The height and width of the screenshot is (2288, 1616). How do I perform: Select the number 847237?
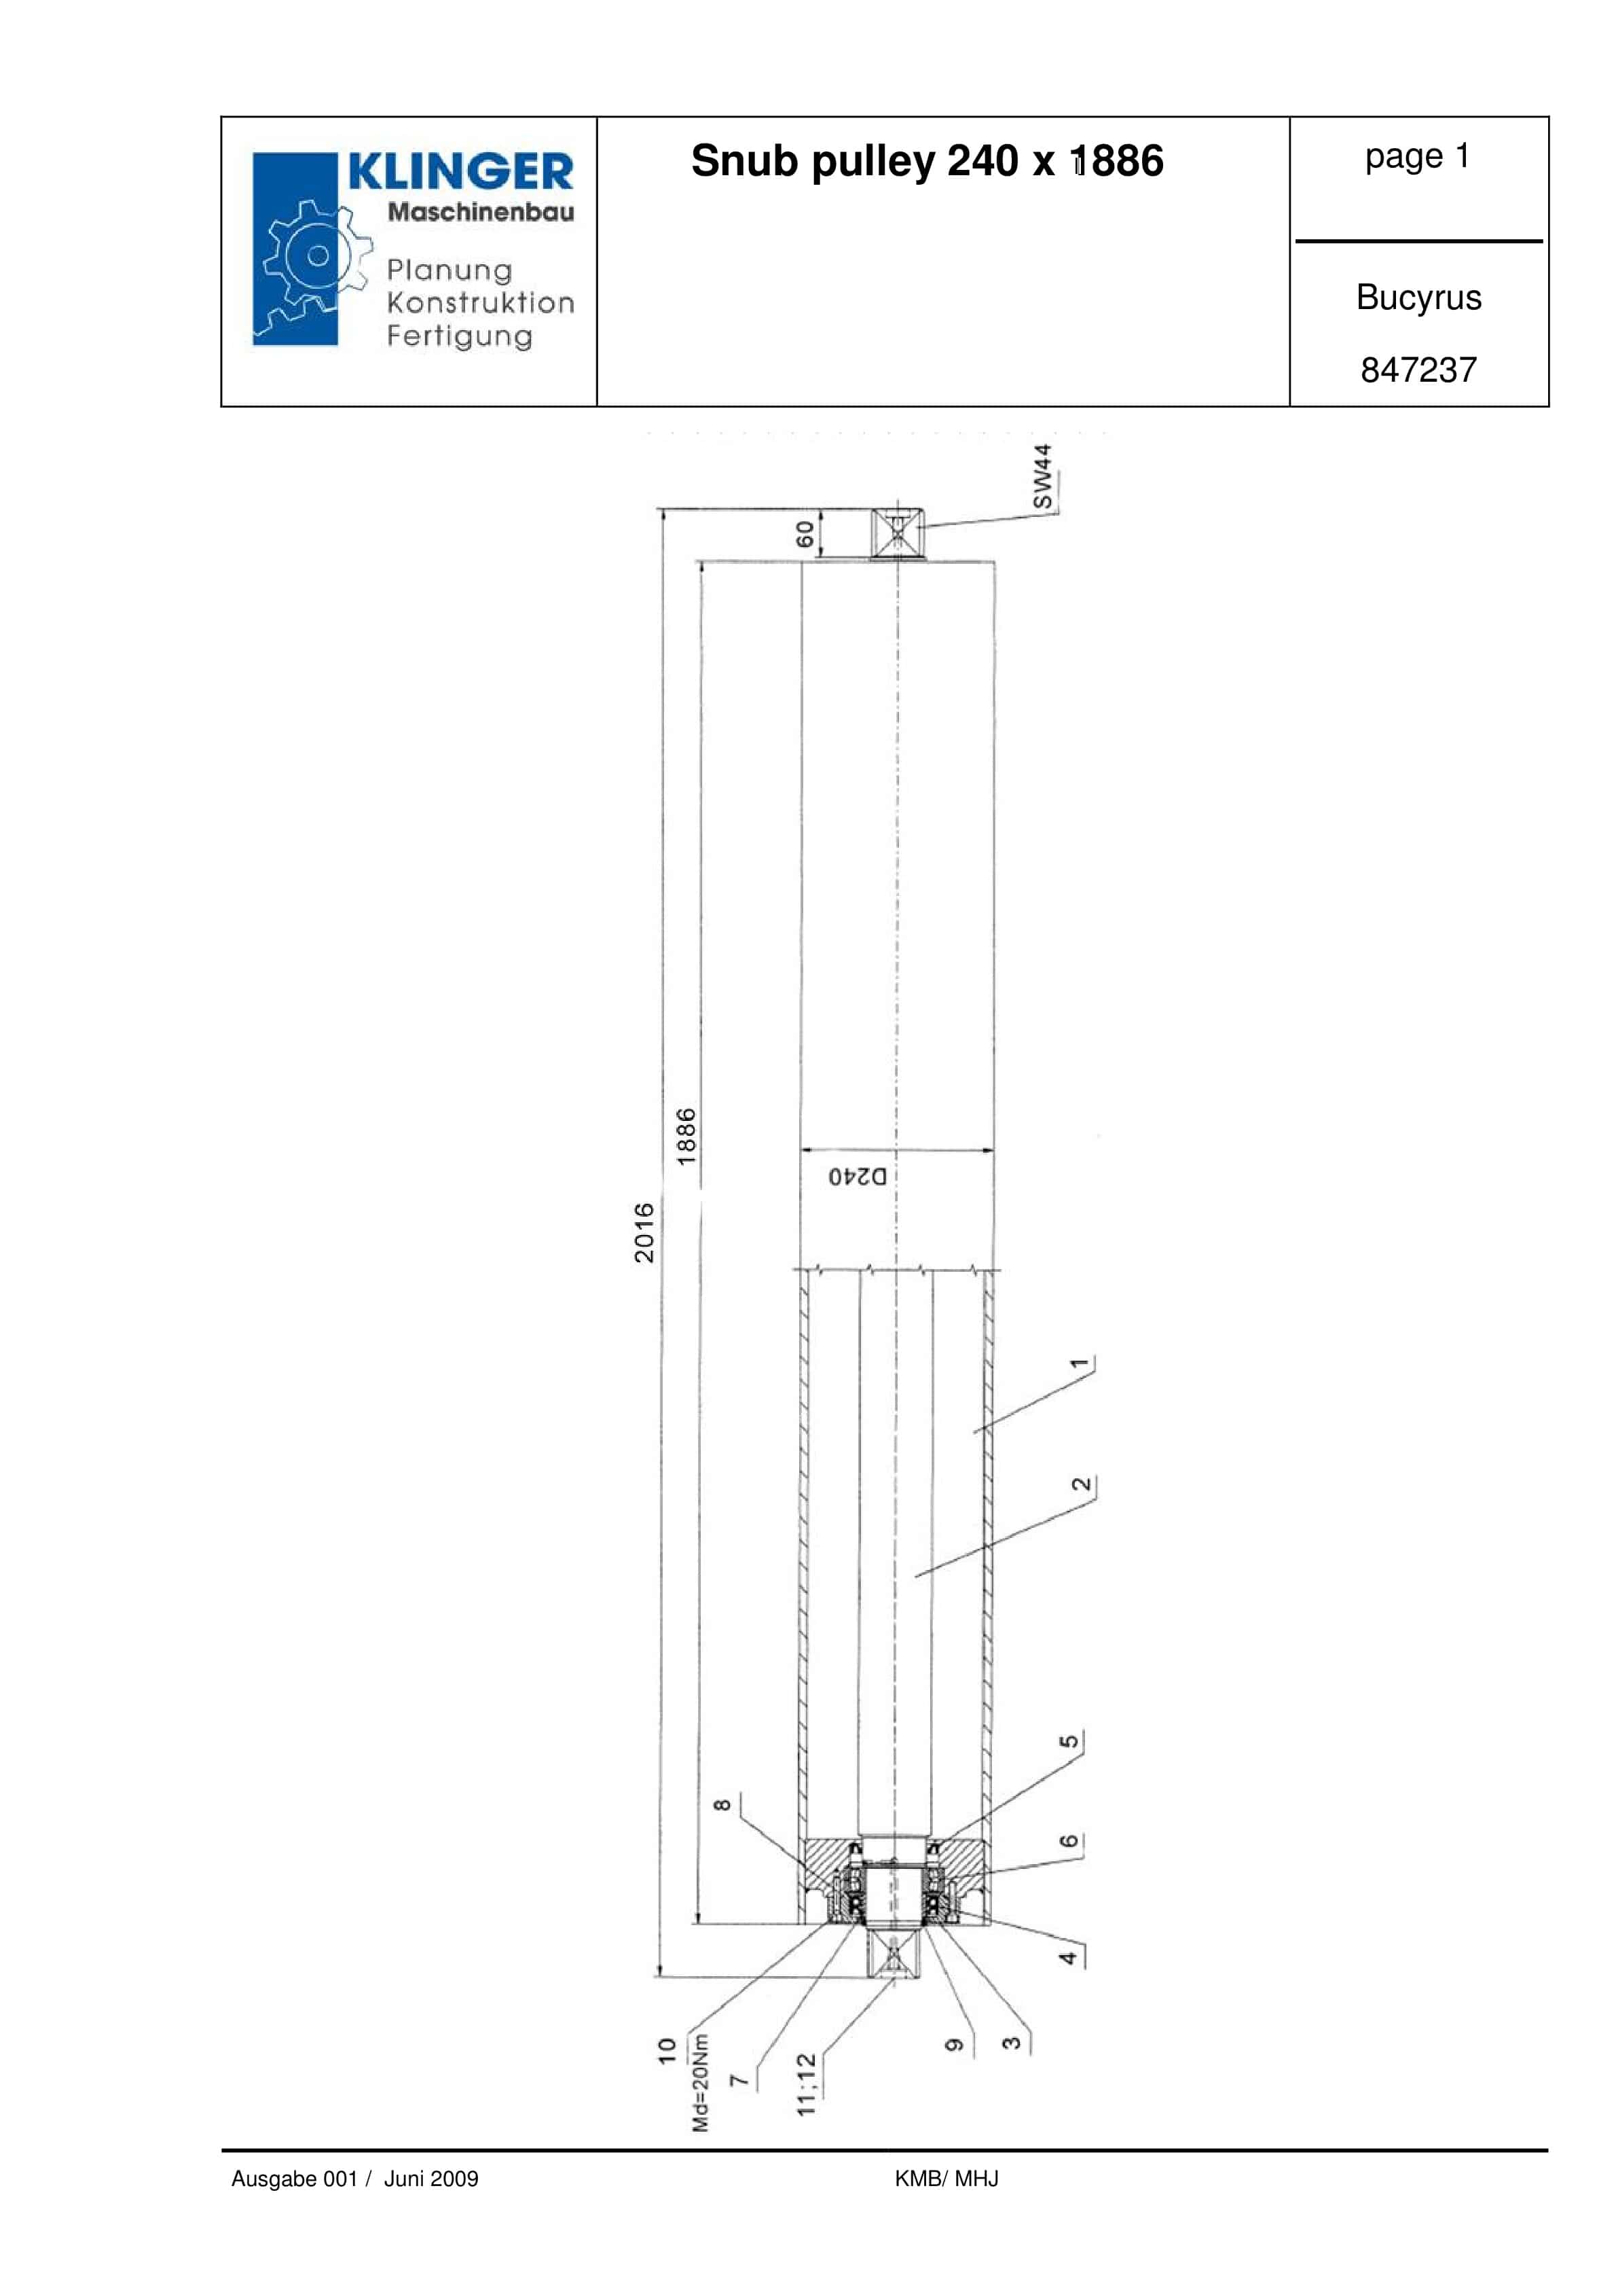1418,370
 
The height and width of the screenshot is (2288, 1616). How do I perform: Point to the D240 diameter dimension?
857,1177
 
